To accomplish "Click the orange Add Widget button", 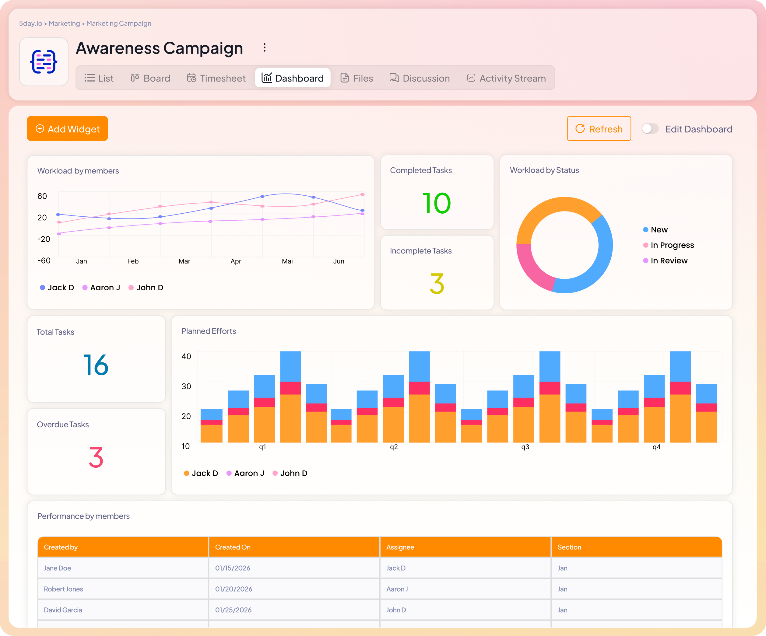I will [68, 129].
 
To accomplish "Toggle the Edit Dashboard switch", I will [650, 129].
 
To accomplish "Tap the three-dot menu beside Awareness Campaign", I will [265, 48].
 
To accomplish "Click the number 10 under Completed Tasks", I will [437, 203].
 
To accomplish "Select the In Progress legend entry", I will [672, 245].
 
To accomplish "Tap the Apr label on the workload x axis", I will [236, 261].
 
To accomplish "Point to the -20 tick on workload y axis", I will [44, 239].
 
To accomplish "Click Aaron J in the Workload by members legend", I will [105, 288].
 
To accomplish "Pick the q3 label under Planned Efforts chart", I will [525, 447].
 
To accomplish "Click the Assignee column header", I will [400, 547].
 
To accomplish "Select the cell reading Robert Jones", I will [63, 589].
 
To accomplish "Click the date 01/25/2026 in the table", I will [233, 610].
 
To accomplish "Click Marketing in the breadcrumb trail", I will [64, 23].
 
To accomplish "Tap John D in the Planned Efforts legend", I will [293, 474].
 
